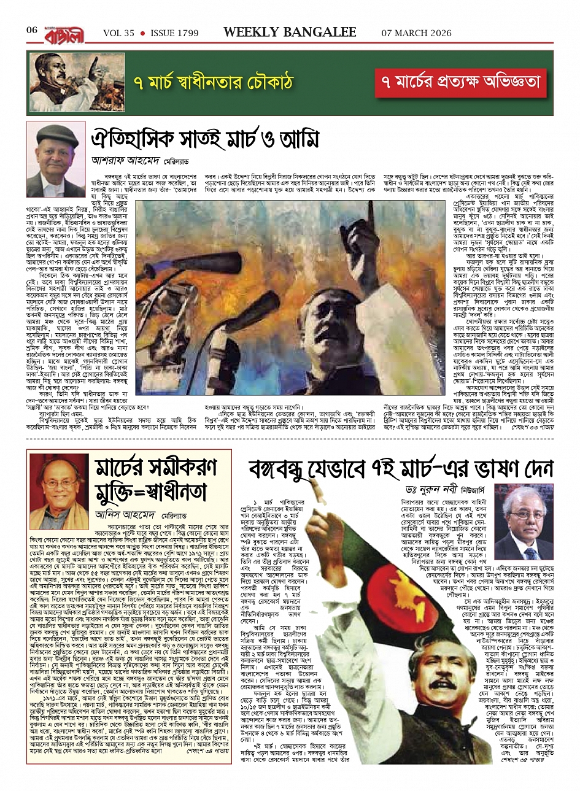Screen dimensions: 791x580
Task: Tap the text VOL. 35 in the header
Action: pyautogui.click(x=118, y=33)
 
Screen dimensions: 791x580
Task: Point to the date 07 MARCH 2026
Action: pyautogui.click(x=417, y=33)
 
